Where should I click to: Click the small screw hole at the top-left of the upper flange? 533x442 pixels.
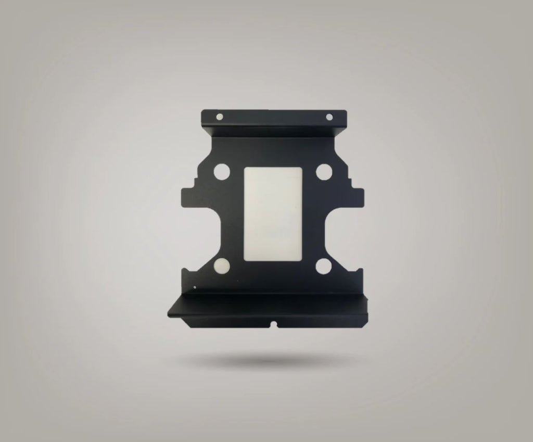tap(219, 117)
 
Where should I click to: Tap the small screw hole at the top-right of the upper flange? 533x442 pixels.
tap(329, 117)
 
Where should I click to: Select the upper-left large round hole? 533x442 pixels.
tap(221, 172)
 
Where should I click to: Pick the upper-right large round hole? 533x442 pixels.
tap(324, 171)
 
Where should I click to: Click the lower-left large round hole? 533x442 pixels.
tap(221, 267)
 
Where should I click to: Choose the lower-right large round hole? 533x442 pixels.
tap(323, 266)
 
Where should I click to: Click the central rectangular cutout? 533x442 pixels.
tap(273, 213)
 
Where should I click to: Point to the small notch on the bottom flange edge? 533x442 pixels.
tap(275, 325)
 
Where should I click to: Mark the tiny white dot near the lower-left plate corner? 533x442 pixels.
tap(195, 287)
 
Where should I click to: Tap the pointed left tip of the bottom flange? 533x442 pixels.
tap(170, 314)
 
